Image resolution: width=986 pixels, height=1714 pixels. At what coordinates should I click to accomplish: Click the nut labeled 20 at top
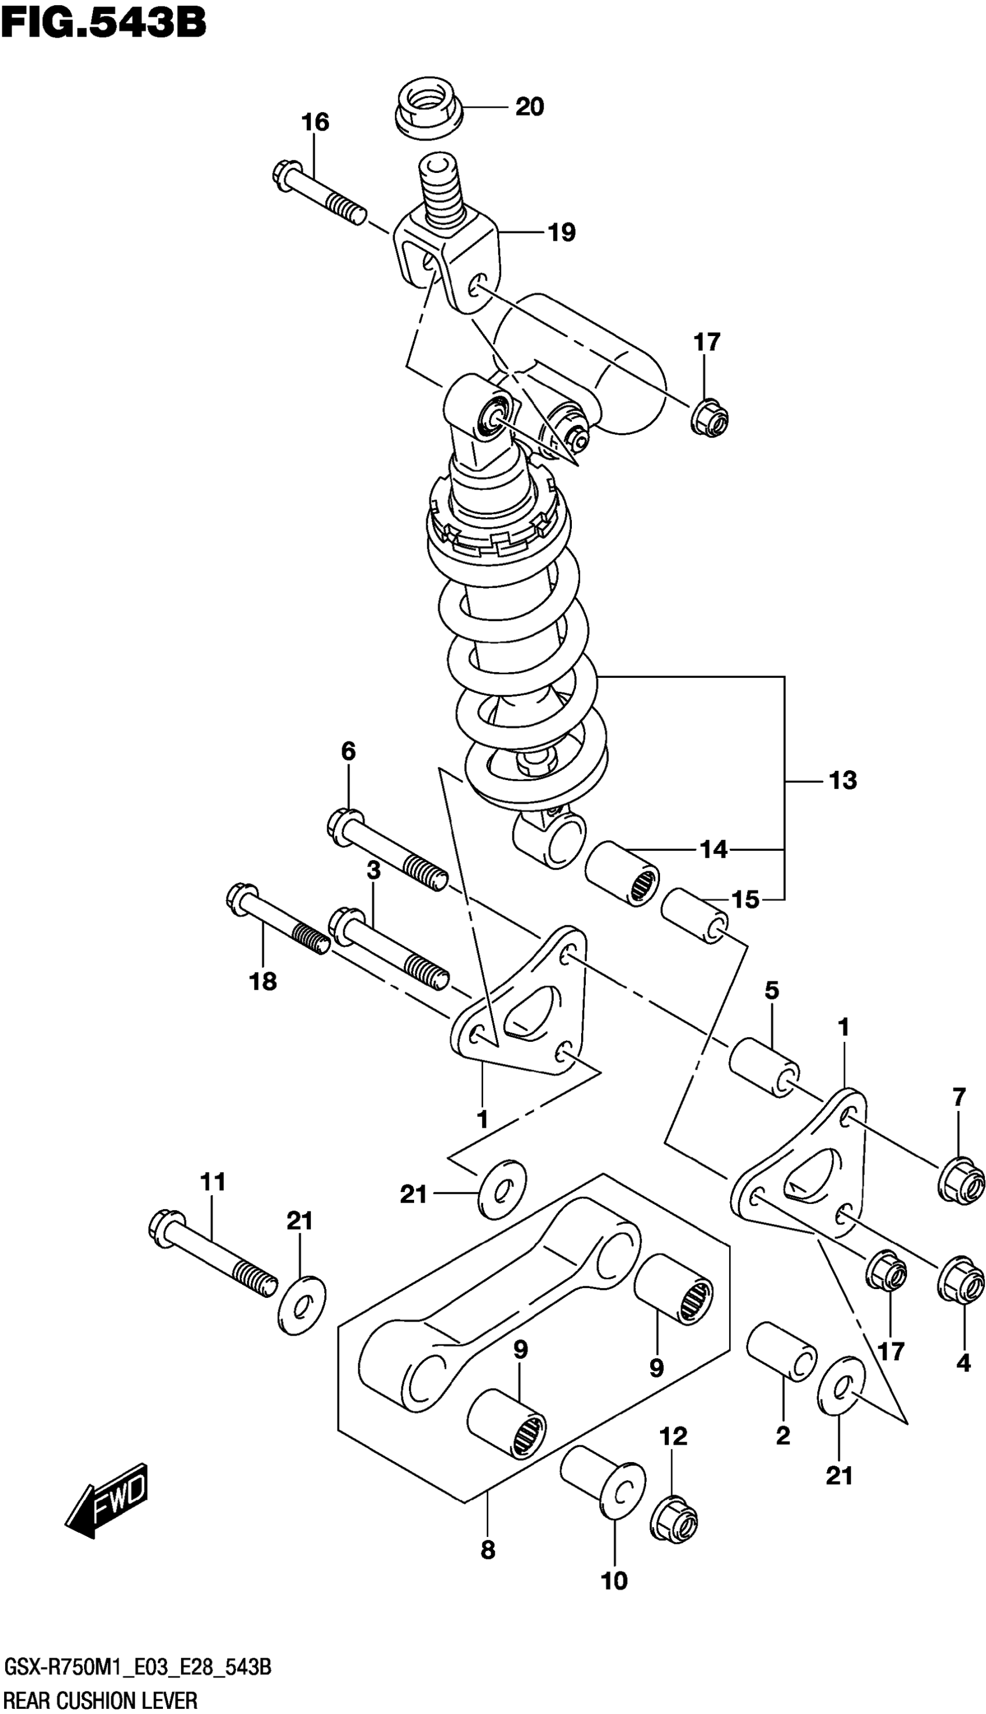pyautogui.click(x=428, y=108)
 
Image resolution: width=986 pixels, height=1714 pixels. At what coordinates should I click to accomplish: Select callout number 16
pyautogui.click(x=316, y=122)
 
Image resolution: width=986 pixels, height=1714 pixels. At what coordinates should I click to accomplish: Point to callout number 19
pyautogui.click(x=561, y=232)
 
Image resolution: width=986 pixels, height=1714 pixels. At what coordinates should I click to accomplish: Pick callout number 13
pyautogui.click(x=842, y=781)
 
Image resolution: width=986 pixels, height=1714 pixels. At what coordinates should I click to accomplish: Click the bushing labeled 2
pyautogui.click(x=781, y=1349)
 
